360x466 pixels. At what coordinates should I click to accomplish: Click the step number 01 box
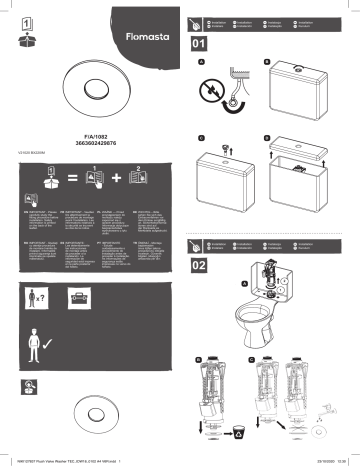(x=198, y=45)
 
